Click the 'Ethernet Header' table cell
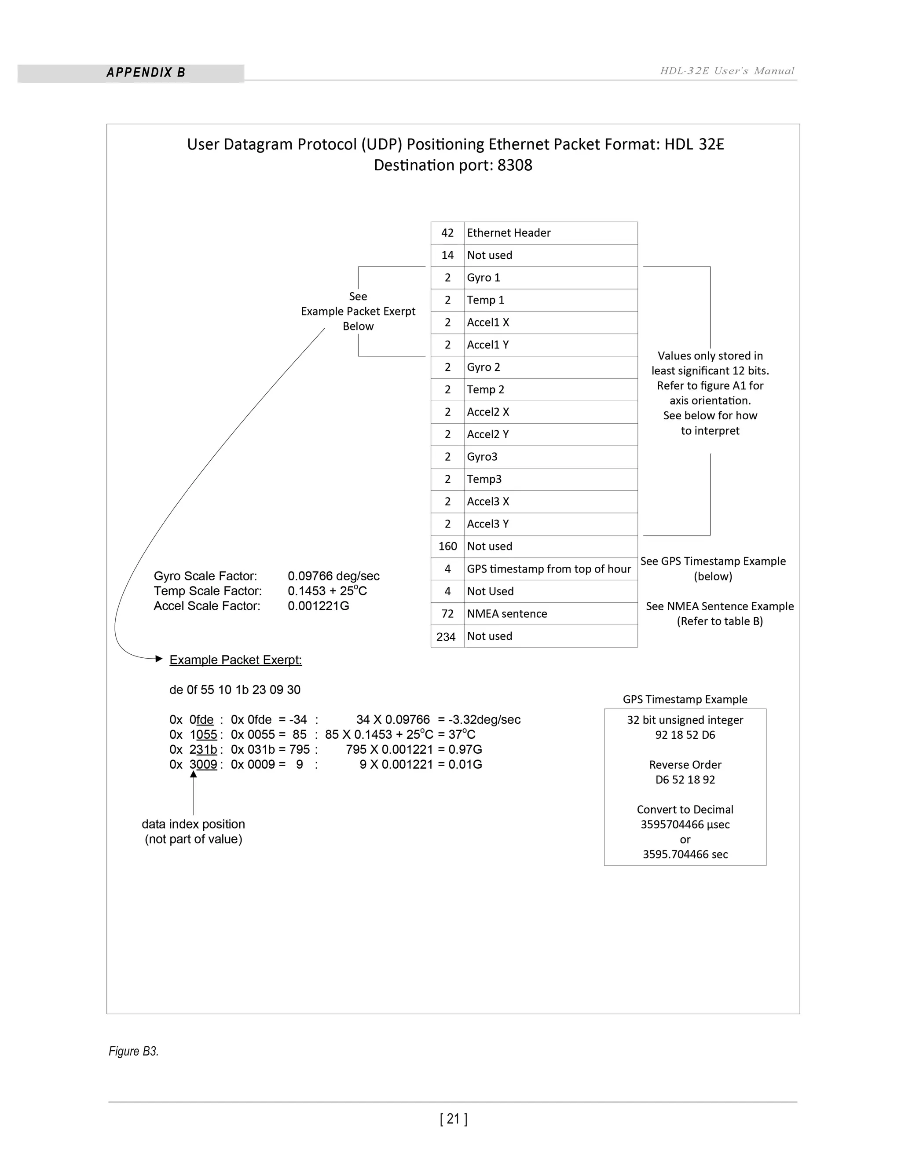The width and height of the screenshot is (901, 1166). [x=508, y=233]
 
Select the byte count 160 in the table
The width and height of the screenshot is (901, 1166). [x=447, y=546]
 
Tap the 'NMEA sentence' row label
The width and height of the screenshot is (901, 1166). [x=506, y=613]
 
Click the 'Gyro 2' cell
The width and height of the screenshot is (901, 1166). [x=483, y=367]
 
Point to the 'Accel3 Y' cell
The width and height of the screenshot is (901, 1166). [x=487, y=524]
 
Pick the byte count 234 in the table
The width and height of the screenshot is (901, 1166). [x=446, y=636]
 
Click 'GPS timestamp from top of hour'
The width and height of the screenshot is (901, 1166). [x=548, y=568]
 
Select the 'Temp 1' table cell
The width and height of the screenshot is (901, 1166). [x=485, y=300]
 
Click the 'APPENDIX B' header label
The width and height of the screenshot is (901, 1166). [x=146, y=73]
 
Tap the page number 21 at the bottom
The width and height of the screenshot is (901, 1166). [x=453, y=1118]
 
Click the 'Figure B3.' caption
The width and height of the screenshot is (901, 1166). [x=133, y=1051]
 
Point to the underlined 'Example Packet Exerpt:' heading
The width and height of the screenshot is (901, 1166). [x=235, y=660]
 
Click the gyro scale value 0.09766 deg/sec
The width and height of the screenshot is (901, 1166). [x=333, y=576]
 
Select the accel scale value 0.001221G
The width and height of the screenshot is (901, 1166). [x=318, y=606]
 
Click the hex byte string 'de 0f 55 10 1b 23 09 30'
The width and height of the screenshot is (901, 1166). [x=235, y=690]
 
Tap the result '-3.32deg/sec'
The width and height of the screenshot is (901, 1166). [x=484, y=720]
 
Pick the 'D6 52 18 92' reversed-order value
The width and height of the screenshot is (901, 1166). [x=685, y=780]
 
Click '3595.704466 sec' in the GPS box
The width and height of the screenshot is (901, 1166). [x=685, y=854]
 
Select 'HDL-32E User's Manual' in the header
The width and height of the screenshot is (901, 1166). [x=727, y=71]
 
